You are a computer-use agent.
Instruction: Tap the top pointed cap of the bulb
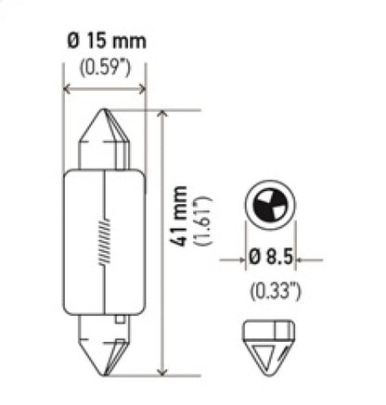104,139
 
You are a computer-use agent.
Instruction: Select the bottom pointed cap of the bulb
104,348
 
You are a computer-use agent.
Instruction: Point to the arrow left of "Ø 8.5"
239,260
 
